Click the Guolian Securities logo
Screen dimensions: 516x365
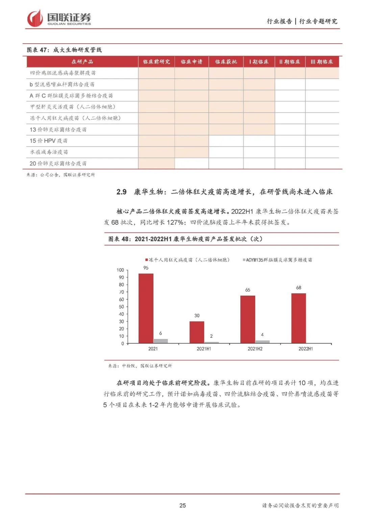point(59,18)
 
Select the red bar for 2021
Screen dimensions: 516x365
point(146,308)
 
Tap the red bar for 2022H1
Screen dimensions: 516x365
point(298,318)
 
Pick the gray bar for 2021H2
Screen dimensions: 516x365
point(262,342)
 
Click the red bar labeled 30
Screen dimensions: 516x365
point(197,332)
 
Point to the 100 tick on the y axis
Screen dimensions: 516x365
point(120,270)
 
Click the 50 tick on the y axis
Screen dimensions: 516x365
point(121,307)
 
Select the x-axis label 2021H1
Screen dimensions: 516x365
point(204,349)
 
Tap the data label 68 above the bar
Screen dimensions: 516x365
point(298,288)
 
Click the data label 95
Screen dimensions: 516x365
point(146,268)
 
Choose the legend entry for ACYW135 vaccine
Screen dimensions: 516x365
point(277,260)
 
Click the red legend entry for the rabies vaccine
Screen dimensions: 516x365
point(188,260)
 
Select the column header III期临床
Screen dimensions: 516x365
point(322,62)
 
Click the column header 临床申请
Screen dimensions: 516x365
point(191,62)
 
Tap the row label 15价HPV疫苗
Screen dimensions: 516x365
point(49,141)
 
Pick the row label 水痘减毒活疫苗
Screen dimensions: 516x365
point(49,152)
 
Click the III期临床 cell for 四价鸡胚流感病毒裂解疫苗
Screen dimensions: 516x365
point(322,73)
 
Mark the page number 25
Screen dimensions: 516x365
point(182,506)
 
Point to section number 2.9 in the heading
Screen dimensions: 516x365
point(121,192)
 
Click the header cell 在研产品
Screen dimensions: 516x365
point(82,62)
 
